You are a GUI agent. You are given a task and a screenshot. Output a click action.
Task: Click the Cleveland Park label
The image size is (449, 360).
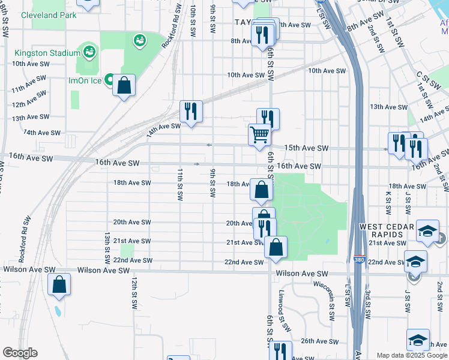[x=49, y=15]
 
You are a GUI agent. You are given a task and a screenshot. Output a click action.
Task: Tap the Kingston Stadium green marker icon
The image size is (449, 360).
[x=89, y=52]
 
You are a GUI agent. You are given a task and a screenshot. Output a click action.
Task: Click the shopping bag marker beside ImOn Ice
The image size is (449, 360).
[x=124, y=85]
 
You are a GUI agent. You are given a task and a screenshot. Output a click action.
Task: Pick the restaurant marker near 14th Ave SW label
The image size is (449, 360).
[x=191, y=112]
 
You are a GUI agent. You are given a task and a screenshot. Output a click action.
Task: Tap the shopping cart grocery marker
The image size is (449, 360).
[x=259, y=134]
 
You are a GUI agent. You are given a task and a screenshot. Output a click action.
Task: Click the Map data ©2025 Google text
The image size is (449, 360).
[x=412, y=355]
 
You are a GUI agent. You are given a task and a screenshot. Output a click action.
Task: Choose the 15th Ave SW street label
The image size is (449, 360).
[x=306, y=148]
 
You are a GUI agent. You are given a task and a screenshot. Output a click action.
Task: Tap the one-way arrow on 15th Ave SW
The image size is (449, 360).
[x=209, y=145]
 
